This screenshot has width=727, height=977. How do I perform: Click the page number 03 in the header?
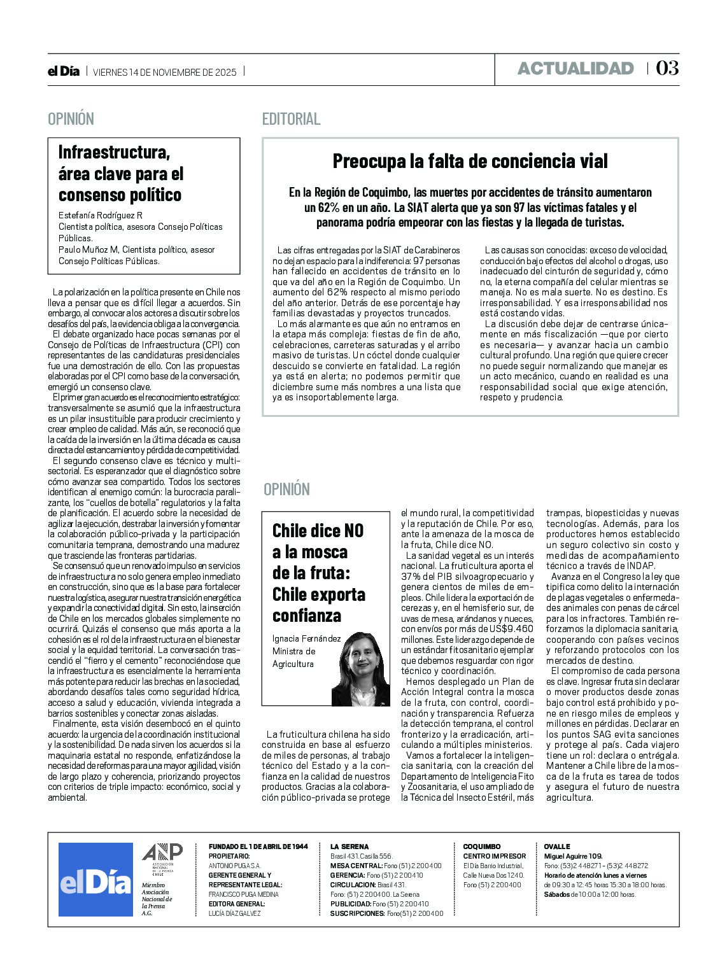pyautogui.click(x=667, y=68)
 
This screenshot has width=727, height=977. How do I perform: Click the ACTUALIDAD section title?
pyautogui.click(x=575, y=69)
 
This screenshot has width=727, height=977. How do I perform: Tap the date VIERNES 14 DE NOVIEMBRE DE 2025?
pyautogui.click(x=164, y=72)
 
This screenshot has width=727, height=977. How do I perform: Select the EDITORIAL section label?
pyautogui.click(x=291, y=119)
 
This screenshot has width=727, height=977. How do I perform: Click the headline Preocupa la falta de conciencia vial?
pyautogui.click(x=470, y=161)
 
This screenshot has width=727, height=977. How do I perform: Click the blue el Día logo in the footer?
pyautogui.click(x=95, y=880)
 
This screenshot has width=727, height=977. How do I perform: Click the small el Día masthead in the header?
pyautogui.click(x=64, y=71)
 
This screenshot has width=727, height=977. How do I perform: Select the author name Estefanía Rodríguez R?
pyautogui.click(x=101, y=215)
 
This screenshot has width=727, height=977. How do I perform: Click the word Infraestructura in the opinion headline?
pyautogui.click(x=114, y=152)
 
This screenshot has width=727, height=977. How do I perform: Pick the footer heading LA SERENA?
pyautogui.click(x=349, y=847)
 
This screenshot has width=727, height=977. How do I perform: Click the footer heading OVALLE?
pyautogui.click(x=557, y=847)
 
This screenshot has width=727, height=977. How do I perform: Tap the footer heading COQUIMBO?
pyautogui.click(x=482, y=847)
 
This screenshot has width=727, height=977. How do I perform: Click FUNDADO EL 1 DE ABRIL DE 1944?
pyautogui.click(x=258, y=847)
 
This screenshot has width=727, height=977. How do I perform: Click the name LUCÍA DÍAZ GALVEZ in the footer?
pyautogui.click(x=235, y=913)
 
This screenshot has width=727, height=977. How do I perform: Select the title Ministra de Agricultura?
pyautogui.click(x=293, y=657)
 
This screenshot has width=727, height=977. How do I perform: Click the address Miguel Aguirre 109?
pyautogui.click(x=573, y=856)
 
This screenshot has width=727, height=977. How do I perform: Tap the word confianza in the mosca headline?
pyautogui.click(x=306, y=615)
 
